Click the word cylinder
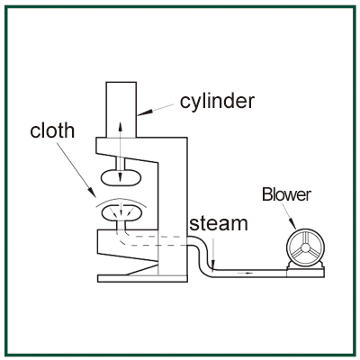point(217,102)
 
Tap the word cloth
point(52,130)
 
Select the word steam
point(219,223)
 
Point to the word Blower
point(286,194)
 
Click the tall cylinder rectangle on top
point(121,110)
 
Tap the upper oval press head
point(121,177)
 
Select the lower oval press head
point(121,212)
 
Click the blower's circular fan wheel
point(305,247)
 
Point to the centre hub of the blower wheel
point(305,247)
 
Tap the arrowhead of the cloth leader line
point(92,192)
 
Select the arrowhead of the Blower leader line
point(292,224)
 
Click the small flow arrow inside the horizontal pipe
point(245,274)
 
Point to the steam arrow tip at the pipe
point(212,267)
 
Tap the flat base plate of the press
point(142,279)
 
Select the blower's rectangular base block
point(305,273)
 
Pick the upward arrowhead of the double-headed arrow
point(121,126)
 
